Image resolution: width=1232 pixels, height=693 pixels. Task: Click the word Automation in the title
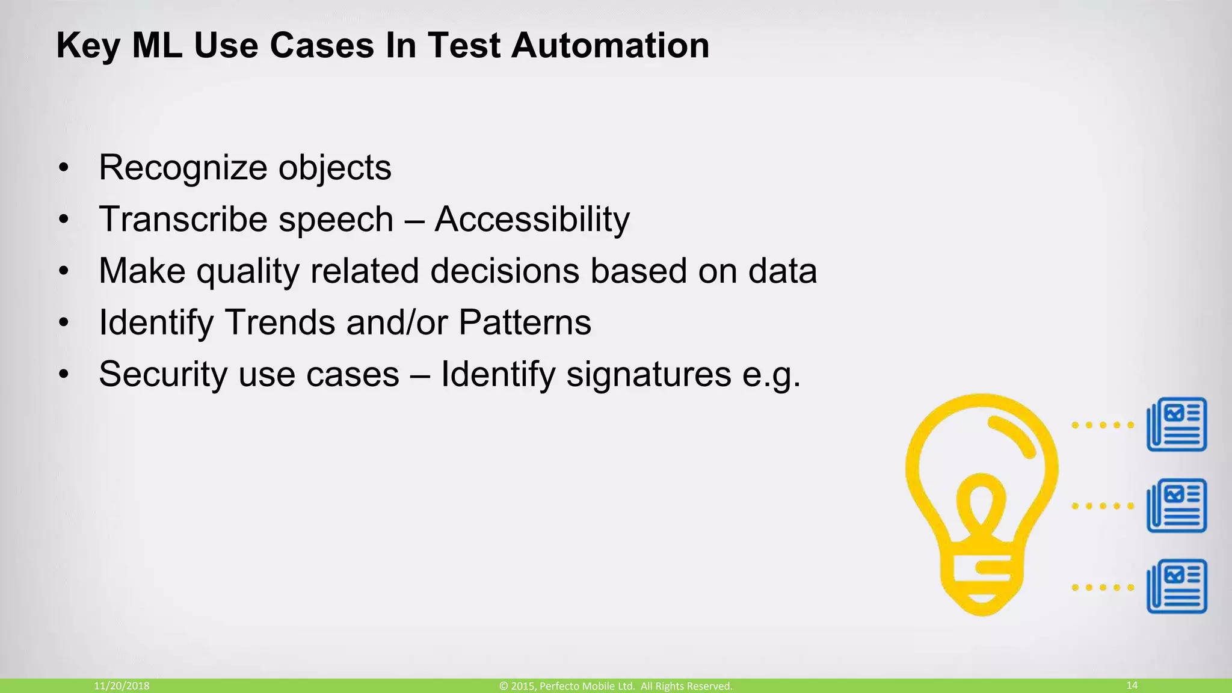(610, 46)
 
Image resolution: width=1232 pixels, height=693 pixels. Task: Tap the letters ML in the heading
(157, 46)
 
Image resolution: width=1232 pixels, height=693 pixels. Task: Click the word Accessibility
(532, 220)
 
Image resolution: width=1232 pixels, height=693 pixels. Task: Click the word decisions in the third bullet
(505, 271)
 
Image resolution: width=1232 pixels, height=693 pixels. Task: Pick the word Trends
(280, 322)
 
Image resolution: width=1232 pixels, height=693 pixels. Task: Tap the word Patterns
(525, 322)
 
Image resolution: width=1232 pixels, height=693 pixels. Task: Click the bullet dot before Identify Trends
(64, 324)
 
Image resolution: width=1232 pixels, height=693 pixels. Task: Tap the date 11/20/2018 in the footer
(122, 686)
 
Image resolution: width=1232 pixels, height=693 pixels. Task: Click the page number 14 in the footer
(1132, 685)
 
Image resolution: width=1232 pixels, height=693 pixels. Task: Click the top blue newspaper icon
(1177, 424)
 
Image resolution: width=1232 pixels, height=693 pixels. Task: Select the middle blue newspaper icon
(1177, 505)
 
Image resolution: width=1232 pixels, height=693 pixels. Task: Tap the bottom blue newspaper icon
(1177, 586)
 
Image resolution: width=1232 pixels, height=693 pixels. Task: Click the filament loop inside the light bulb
(981, 499)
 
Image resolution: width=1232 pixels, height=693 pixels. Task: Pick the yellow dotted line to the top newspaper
(1103, 425)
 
